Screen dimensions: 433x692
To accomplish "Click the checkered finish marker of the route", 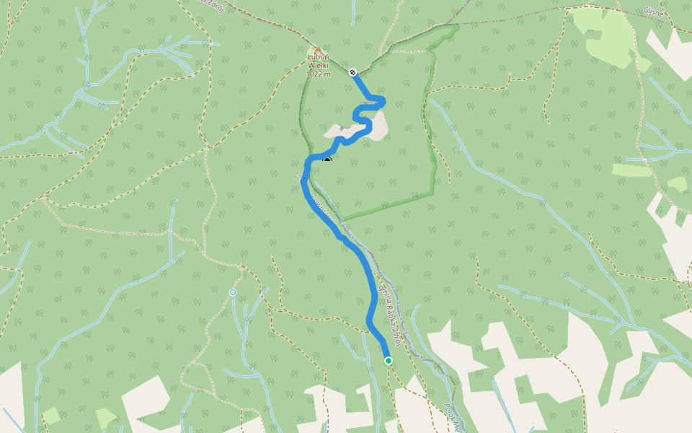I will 352,72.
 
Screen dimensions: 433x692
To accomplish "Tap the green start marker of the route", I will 389,360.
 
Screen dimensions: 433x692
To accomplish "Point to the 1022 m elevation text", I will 318,74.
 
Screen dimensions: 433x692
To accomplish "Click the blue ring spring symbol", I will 233,292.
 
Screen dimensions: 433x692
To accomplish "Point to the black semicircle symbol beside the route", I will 327,159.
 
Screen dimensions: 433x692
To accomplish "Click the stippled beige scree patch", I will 378,125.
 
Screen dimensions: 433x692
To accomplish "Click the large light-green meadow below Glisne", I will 609,36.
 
